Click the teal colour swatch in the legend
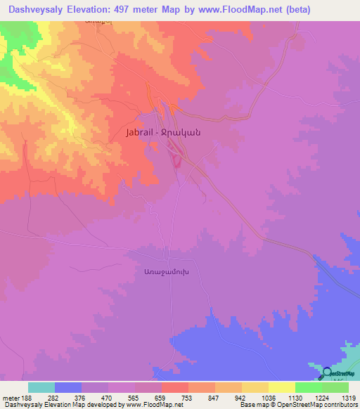coord(41,387)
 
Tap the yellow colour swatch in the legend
coord(281,387)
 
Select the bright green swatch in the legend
coord(308,387)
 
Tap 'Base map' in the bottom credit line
coord(255,405)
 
